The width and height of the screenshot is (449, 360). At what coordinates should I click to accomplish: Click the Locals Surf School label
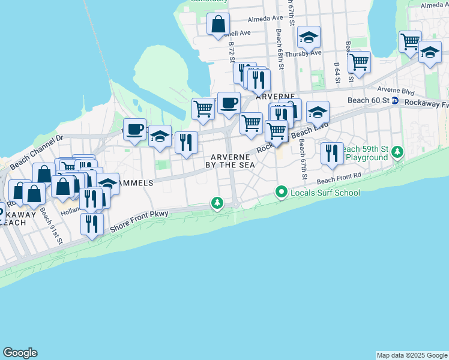(x=325, y=193)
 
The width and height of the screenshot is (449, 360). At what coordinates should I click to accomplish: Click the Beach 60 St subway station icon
(x=395, y=101)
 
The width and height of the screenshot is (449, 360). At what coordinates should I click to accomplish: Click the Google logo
(x=20, y=353)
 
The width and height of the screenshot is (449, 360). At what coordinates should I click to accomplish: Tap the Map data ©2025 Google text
(x=411, y=355)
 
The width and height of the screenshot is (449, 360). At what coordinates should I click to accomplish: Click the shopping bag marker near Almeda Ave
(x=218, y=25)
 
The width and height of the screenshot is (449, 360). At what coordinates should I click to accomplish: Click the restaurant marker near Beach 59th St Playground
(x=332, y=153)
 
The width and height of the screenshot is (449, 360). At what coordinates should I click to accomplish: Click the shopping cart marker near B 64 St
(x=359, y=62)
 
